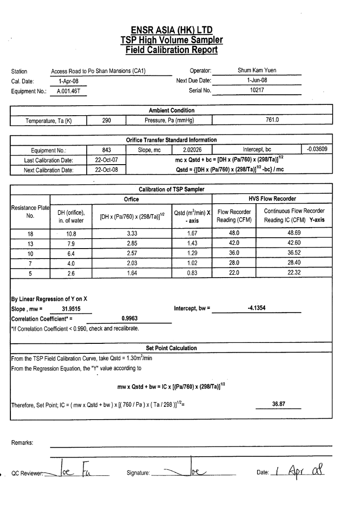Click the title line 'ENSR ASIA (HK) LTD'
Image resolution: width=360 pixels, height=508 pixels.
[172, 30]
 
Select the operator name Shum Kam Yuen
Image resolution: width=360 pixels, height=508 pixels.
[256, 70]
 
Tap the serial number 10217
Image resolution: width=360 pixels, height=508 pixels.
[256, 90]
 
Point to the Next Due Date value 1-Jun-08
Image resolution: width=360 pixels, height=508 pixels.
[256, 80]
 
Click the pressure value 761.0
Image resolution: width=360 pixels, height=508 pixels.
[272, 120]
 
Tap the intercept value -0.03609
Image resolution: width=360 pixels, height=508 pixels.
[317, 149]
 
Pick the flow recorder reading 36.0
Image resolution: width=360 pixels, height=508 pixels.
[234, 253]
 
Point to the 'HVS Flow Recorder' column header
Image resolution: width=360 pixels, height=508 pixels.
[272, 199]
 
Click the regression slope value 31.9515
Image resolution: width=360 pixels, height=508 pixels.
[71, 309]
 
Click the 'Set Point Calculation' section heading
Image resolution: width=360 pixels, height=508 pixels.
[171, 348]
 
